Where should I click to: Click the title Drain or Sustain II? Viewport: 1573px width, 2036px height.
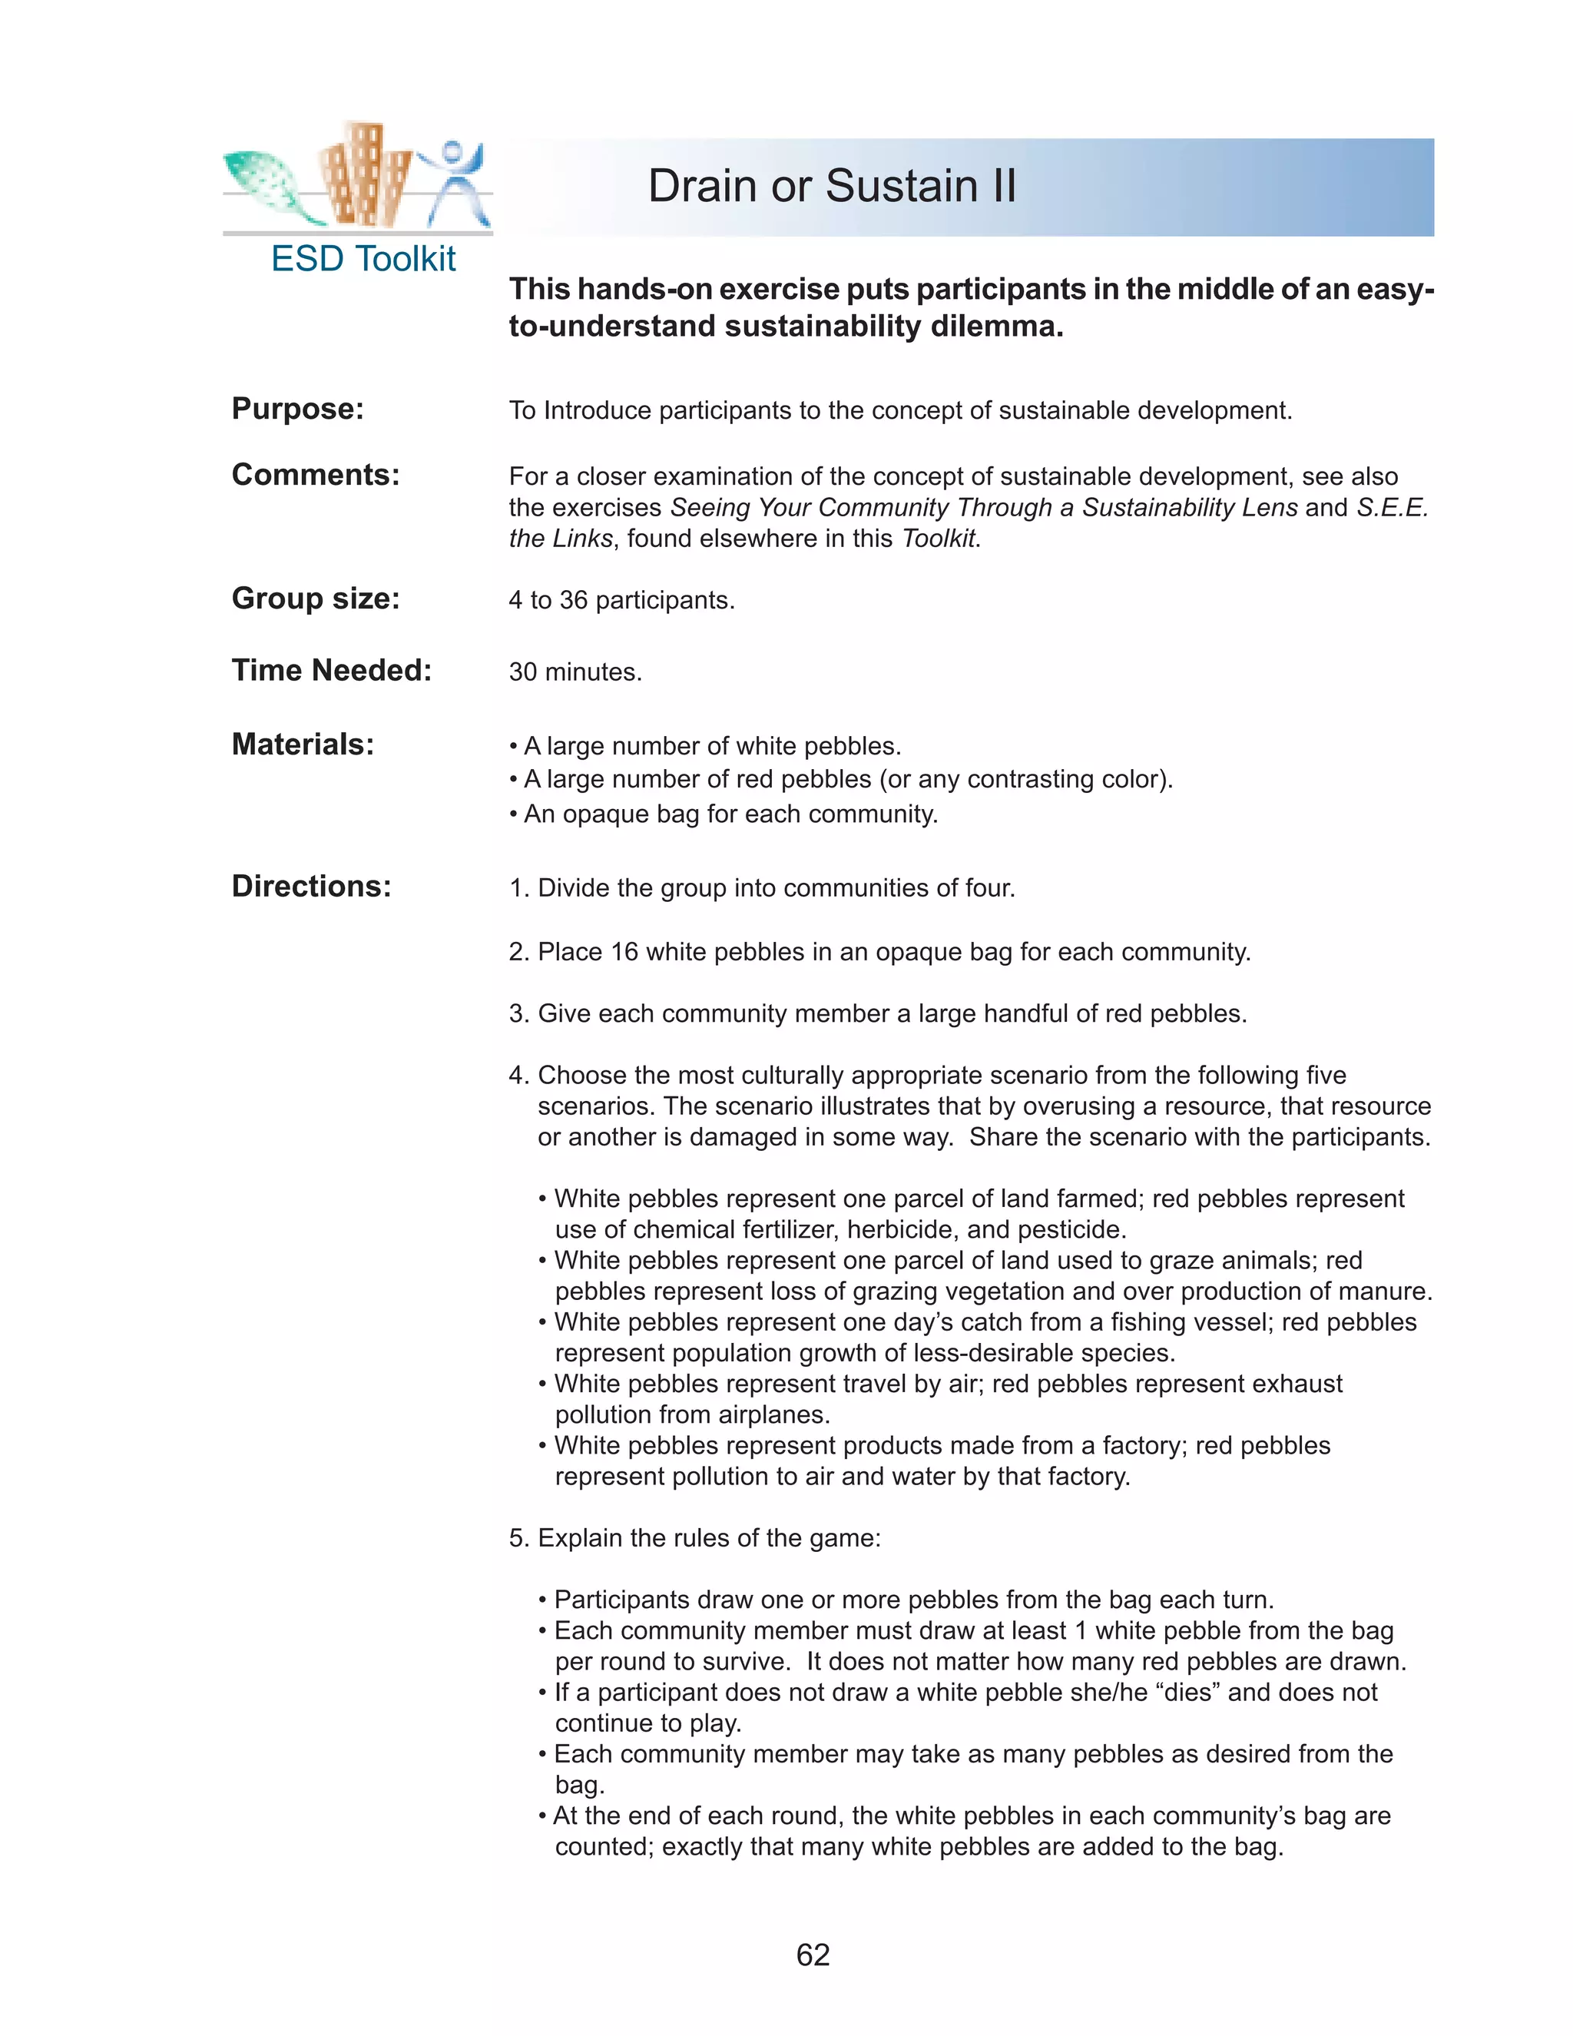[x=831, y=187]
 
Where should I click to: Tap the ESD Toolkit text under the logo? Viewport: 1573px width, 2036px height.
[x=363, y=259]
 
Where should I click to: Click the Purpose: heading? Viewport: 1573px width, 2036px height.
[x=297, y=410]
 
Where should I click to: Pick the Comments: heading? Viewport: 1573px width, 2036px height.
[x=315, y=476]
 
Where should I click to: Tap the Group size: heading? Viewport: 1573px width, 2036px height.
[x=315, y=599]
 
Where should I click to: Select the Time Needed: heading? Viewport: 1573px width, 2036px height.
[x=332, y=670]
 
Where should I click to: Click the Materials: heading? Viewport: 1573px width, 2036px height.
[x=302, y=744]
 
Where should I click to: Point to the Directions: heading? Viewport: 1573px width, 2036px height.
[x=311, y=887]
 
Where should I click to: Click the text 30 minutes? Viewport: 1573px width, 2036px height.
[x=575, y=672]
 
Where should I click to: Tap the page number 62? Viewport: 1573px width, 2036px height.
[x=813, y=1954]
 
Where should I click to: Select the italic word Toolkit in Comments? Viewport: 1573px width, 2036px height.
[x=939, y=539]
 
